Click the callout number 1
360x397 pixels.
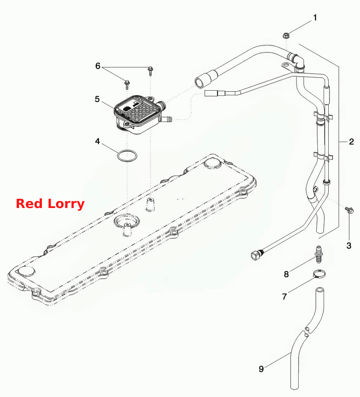pos(315,18)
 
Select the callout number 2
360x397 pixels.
pos(352,141)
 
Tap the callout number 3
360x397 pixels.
pos(349,245)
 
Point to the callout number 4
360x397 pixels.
pos(98,141)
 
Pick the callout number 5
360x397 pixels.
pos(97,99)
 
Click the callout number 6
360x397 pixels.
pos(98,66)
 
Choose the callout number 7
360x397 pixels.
pos(284,297)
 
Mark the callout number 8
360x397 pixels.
pos(286,274)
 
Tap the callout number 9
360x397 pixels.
pos(261,369)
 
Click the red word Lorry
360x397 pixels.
pos(66,204)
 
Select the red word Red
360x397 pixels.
pos(29,204)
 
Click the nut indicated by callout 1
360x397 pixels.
pos(286,36)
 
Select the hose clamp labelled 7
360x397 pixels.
pos(319,274)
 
